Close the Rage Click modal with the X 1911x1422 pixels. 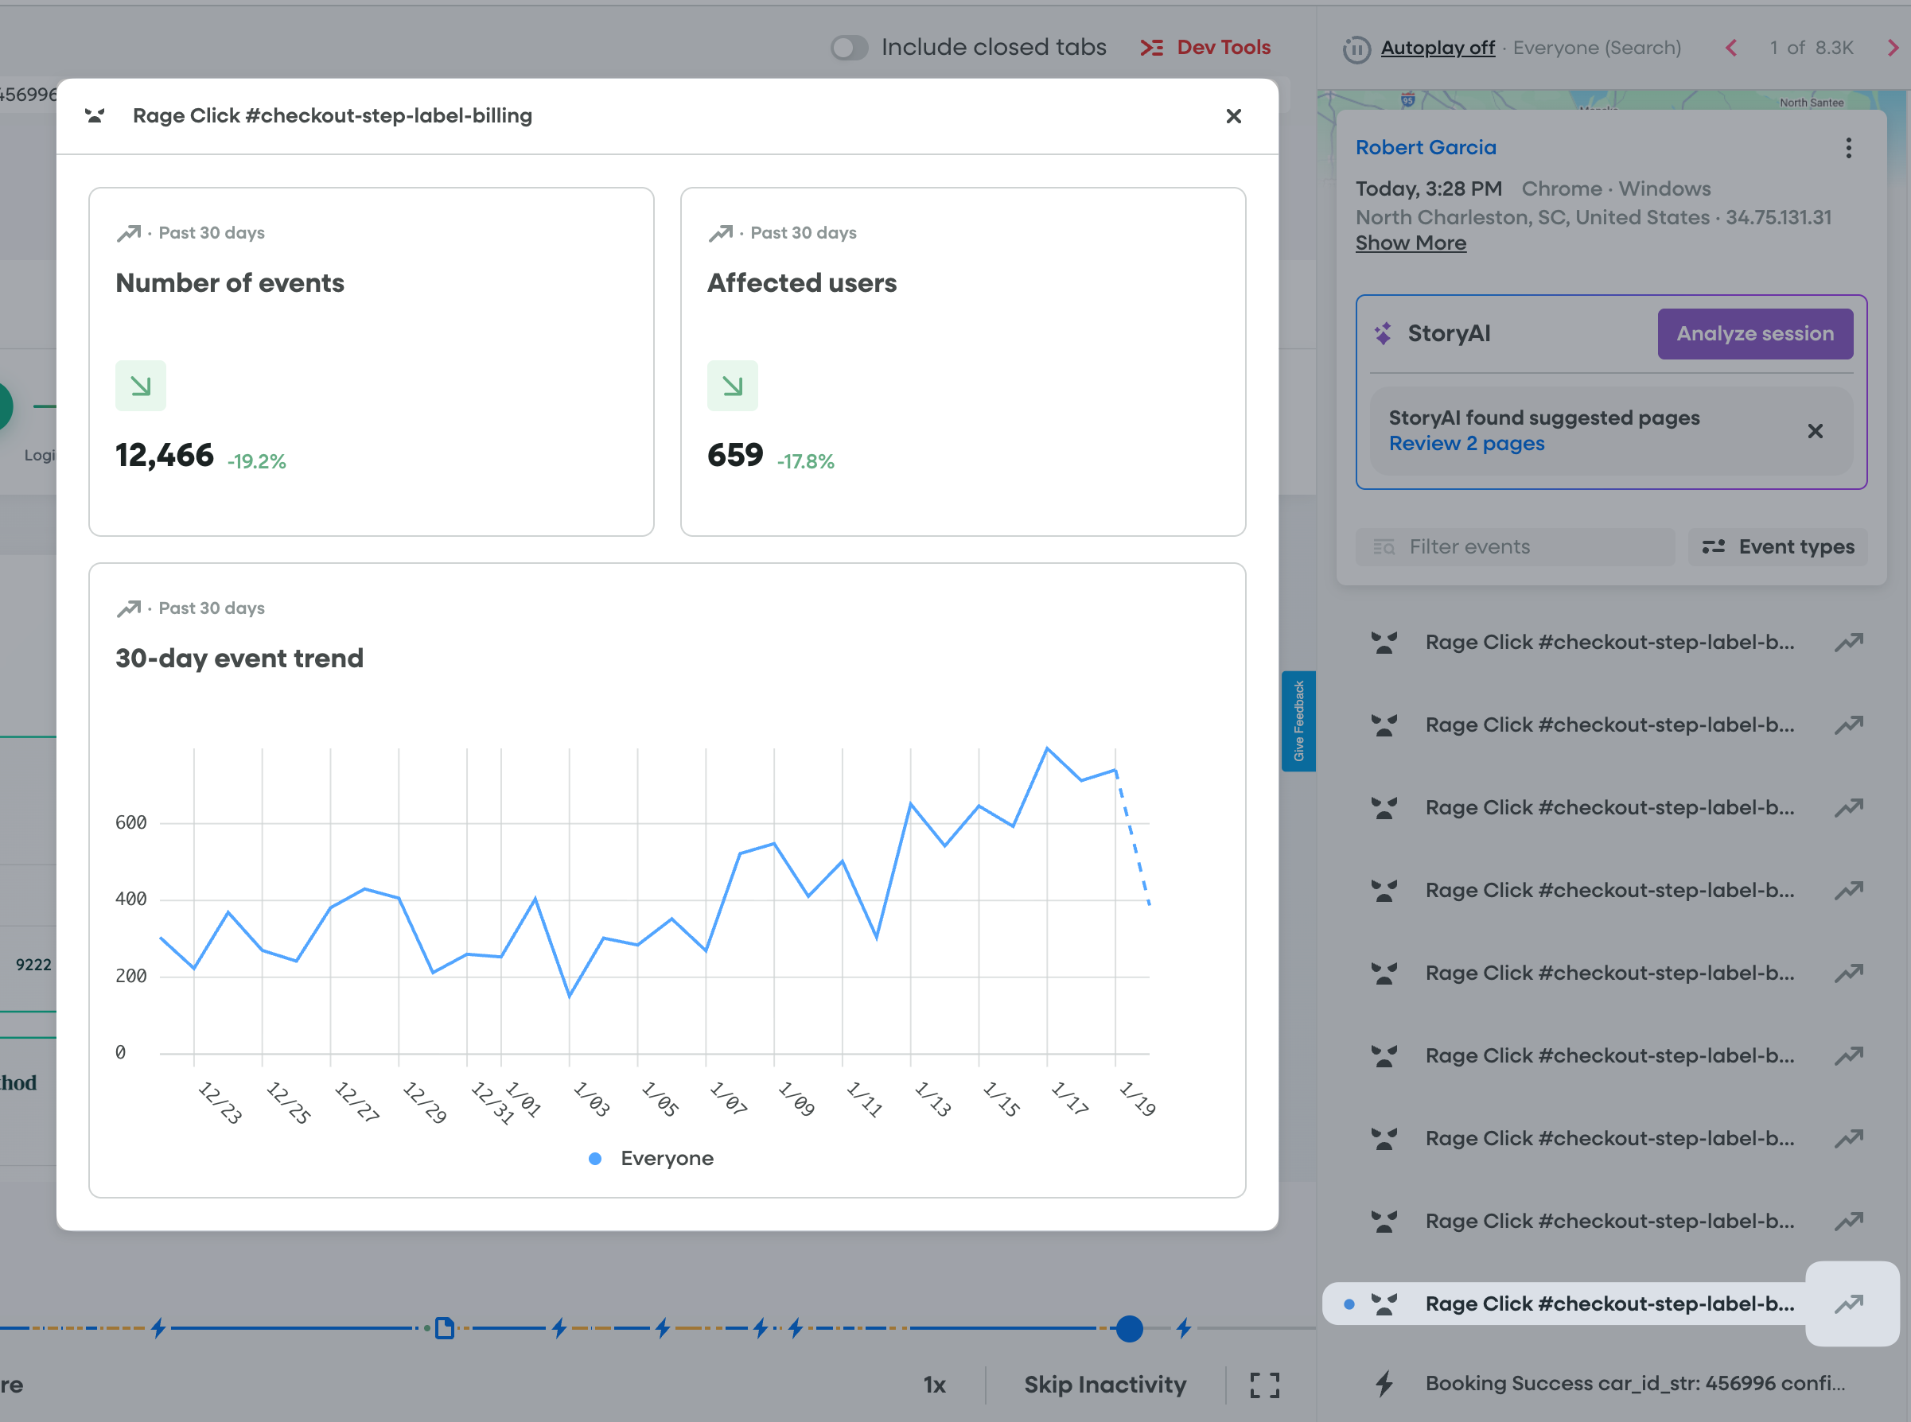(1233, 116)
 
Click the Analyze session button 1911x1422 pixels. (1754, 334)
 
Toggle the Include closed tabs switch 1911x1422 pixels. (849, 48)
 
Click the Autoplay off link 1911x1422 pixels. (1437, 49)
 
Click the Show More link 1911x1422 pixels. (1410, 243)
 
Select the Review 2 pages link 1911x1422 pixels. (1465, 443)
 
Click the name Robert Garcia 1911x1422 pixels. (1425, 147)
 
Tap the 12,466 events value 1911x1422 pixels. (165, 456)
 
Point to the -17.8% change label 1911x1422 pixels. (805, 461)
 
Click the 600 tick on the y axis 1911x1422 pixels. (131, 823)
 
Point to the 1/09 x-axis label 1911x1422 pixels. (796, 1098)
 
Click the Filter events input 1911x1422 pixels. (1516, 546)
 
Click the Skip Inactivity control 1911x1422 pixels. (1105, 1385)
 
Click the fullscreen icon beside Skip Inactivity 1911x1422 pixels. (1264, 1385)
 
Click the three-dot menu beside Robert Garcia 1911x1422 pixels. (1848, 148)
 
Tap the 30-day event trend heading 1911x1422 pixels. (239, 659)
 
